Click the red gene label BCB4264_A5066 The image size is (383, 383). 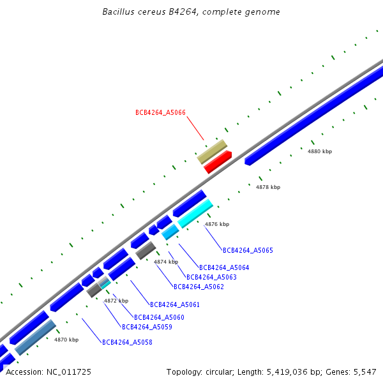160,112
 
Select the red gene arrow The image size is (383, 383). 217,162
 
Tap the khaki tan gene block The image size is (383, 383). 212,152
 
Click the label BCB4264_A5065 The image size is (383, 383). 248,250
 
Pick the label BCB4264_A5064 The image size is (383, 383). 224,267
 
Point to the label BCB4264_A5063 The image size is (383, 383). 211,277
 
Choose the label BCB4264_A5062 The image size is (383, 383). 199,287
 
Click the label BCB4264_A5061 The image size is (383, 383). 175,304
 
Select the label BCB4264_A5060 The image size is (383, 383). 159,317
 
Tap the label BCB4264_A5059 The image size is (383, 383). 147,327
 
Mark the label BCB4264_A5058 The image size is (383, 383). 127,342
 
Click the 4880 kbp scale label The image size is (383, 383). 320,151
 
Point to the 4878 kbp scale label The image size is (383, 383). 268,187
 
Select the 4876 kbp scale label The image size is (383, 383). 217,224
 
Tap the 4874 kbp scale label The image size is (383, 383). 167,262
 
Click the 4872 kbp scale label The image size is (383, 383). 116,300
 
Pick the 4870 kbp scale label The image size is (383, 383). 66,340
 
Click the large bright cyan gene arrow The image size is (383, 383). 195,214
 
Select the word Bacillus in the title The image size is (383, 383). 118,12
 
